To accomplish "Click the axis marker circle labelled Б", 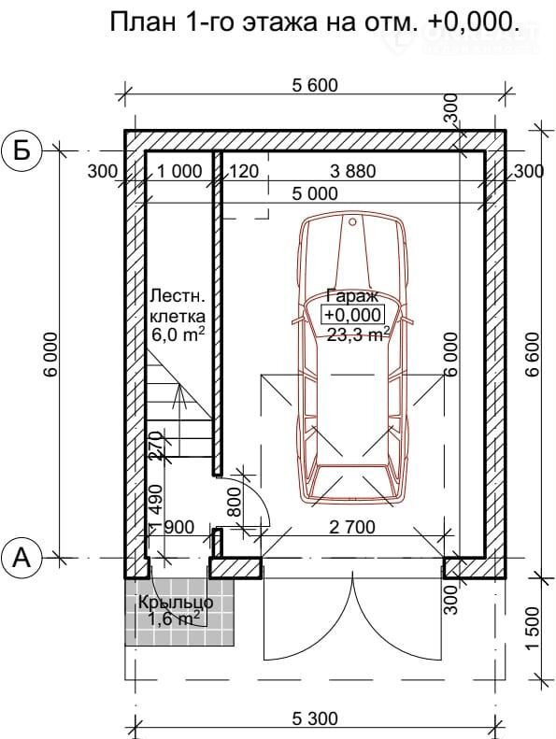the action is (21, 150).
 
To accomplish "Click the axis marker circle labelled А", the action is (21, 559).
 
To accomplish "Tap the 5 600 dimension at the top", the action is (315, 85).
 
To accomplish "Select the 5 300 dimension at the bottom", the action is (315, 718).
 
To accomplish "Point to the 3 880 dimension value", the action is (353, 171).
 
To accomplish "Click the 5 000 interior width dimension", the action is (315, 193).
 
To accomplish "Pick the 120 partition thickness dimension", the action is (244, 171).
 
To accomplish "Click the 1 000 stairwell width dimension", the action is (179, 171).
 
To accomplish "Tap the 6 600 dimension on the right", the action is (533, 353).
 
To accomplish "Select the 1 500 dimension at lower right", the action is (533, 628).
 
